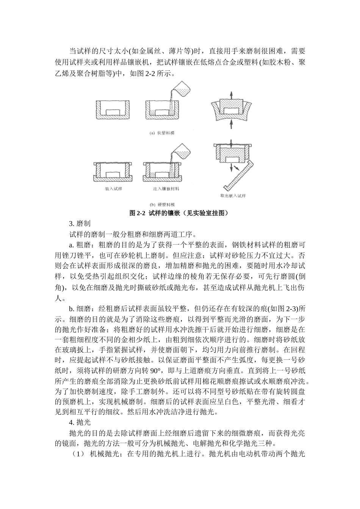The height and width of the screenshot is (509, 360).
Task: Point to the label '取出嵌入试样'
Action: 233,196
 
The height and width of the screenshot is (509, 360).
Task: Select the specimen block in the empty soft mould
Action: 113,112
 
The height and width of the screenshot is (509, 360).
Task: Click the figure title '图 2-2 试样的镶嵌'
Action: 180,213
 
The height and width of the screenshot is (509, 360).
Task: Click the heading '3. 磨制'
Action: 80,224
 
